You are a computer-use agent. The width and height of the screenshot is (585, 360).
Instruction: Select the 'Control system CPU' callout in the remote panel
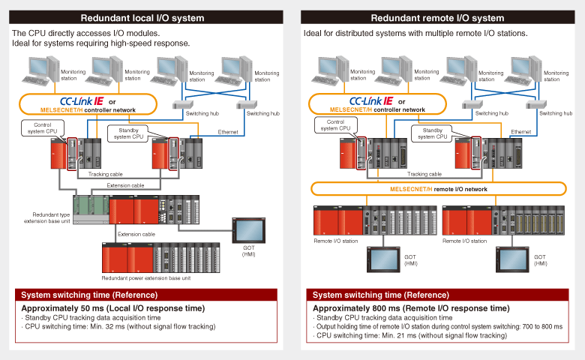335,125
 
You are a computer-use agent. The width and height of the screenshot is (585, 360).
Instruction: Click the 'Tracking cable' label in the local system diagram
104,174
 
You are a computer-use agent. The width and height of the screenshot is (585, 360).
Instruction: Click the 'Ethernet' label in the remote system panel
520,131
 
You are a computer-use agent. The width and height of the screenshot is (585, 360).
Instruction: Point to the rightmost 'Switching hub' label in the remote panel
555,113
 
